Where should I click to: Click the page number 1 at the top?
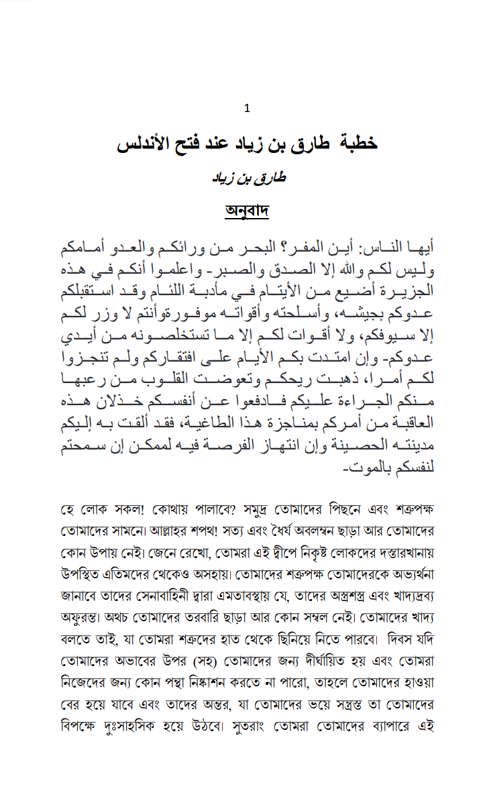point(248,108)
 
